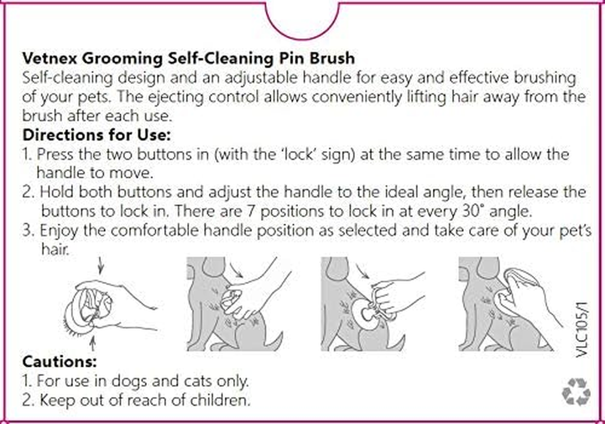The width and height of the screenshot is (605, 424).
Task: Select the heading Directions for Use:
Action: click(97, 135)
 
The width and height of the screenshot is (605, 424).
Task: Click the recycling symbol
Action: click(576, 392)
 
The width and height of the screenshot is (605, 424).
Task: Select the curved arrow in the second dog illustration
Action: click(236, 271)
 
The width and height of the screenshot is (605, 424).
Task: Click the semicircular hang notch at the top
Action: click(302, 19)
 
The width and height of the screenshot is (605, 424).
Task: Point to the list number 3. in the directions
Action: click(29, 231)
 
